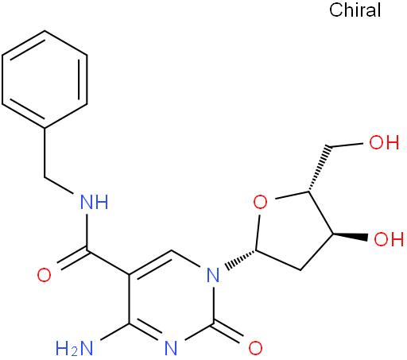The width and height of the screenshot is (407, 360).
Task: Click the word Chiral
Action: (x=355, y=10)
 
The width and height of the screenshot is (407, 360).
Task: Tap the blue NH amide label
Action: (x=95, y=203)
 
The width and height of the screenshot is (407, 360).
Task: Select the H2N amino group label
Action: (x=75, y=347)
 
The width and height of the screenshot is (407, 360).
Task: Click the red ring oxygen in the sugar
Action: (x=260, y=202)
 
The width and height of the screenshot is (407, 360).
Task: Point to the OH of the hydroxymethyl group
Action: (x=384, y=142)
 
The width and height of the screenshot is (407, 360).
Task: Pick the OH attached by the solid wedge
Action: (x=389, y=239)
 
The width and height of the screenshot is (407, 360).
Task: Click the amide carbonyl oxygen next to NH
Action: (x=44, y=275)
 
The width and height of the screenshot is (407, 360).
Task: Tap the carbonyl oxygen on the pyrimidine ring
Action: (x=255, y=347)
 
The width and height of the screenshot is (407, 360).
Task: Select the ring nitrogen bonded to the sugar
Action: (x=213, y=275)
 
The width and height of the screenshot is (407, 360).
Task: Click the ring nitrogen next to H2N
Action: (x=171, y=347)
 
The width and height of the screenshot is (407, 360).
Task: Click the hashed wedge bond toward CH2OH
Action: (x=318, y=168)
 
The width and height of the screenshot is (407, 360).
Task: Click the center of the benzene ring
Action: (x=45, y=79)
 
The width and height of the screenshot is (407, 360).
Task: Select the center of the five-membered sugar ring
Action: (x=293, y=229)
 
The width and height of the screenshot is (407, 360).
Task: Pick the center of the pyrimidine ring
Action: (x=171, y=300)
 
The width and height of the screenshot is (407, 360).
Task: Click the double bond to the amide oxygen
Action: (x=72, y=260)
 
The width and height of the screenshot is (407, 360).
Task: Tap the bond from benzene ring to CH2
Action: (x=45, y=152)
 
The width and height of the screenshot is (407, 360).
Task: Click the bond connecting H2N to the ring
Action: (x=115, y=331)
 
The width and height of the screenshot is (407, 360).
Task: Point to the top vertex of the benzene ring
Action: (x=45, y=31)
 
